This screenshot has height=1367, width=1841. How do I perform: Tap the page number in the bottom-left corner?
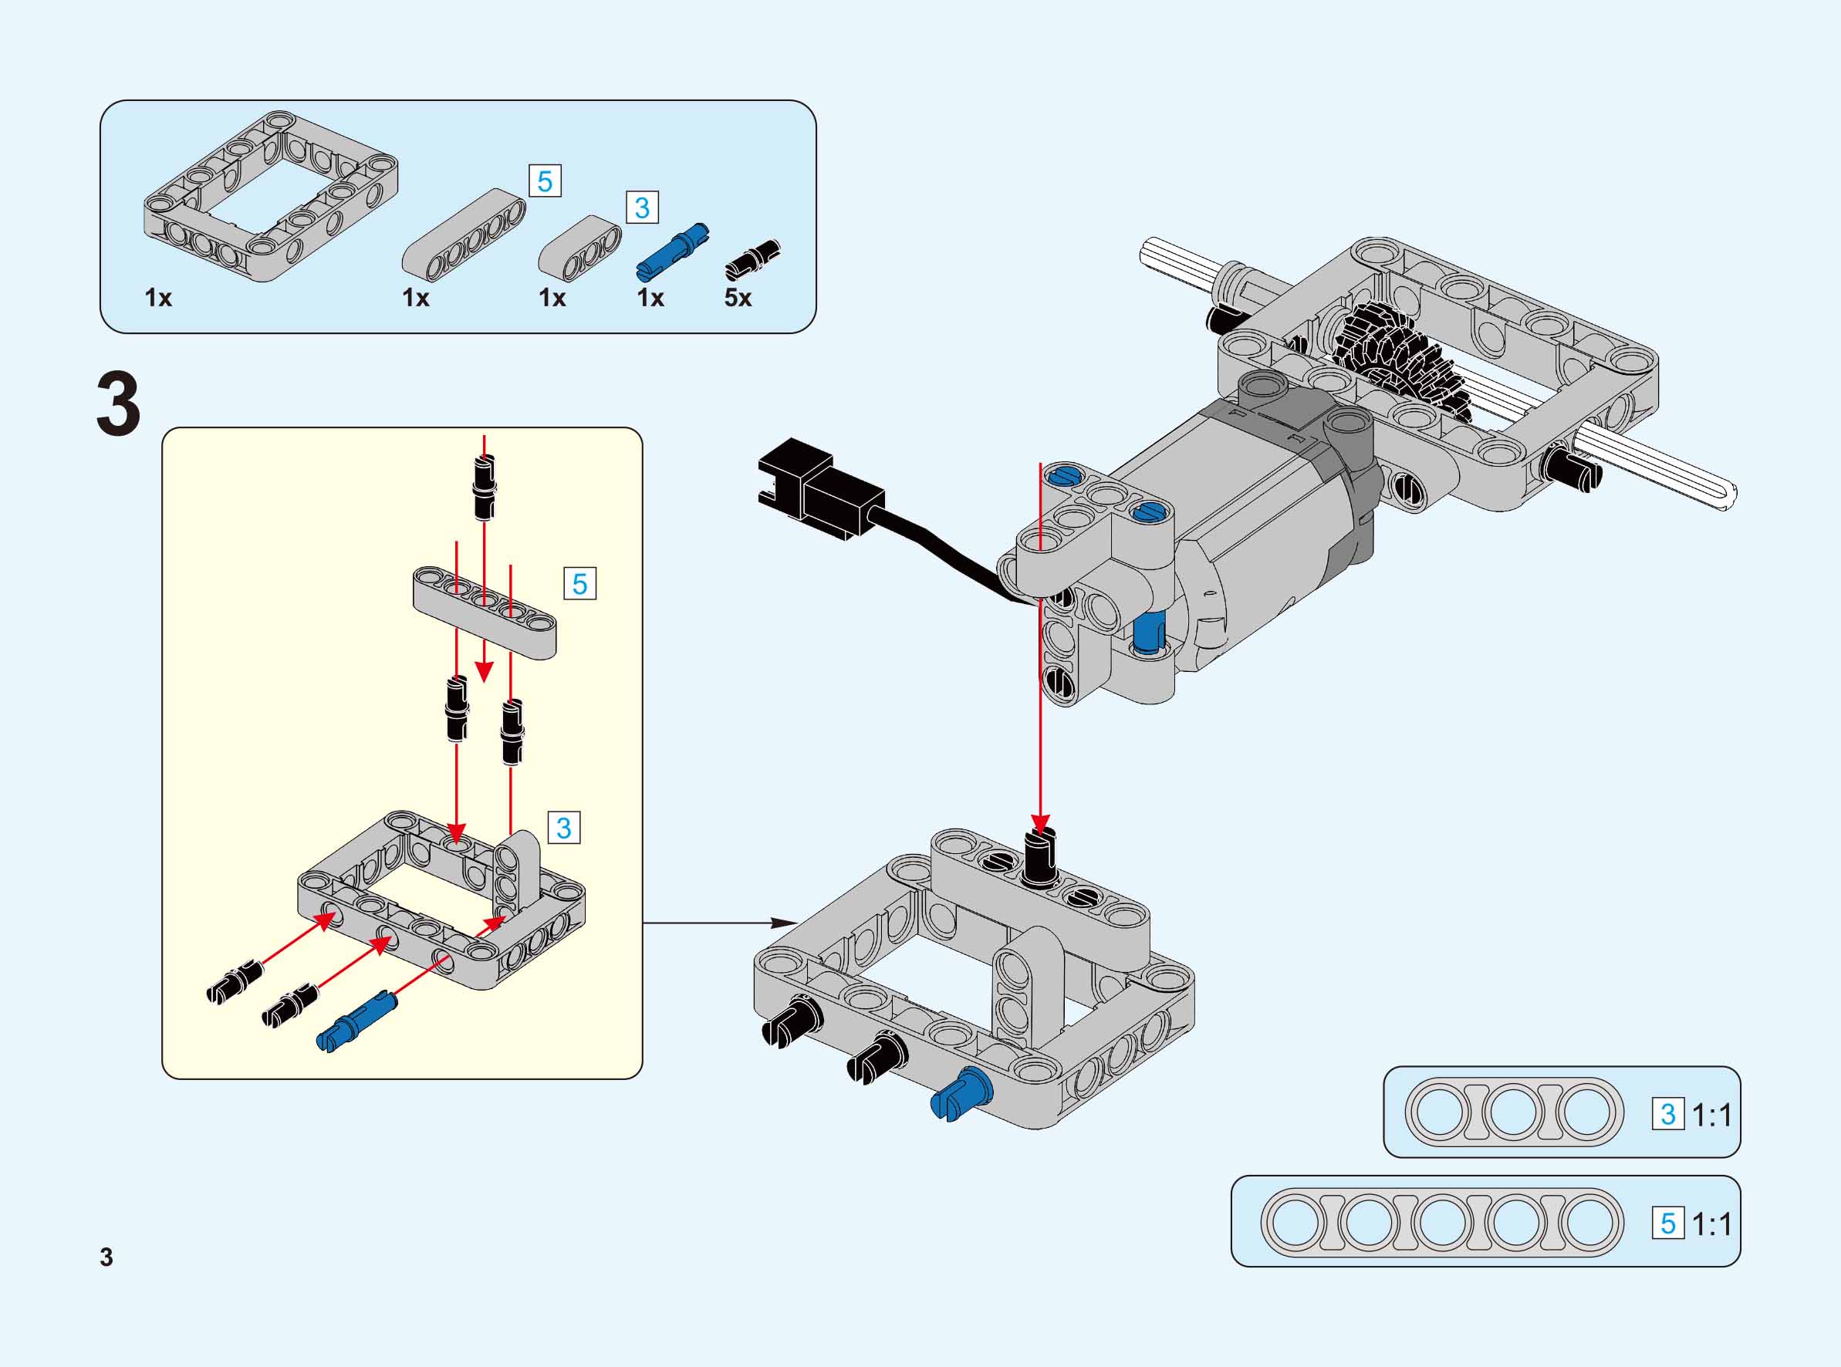106,1256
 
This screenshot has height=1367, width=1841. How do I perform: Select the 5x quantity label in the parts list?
737,298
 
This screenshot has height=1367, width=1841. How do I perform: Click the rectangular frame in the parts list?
271,196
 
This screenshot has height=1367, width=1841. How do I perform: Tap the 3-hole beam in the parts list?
580,245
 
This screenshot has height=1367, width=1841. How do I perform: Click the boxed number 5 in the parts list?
545,181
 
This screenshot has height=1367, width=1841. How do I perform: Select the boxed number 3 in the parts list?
642,207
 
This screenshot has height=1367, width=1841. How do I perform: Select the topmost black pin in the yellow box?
485,488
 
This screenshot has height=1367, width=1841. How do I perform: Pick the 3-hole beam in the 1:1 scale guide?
1513,1112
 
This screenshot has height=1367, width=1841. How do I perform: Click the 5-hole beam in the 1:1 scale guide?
1441,1223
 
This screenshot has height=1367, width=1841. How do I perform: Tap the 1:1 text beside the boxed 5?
1711,1224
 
